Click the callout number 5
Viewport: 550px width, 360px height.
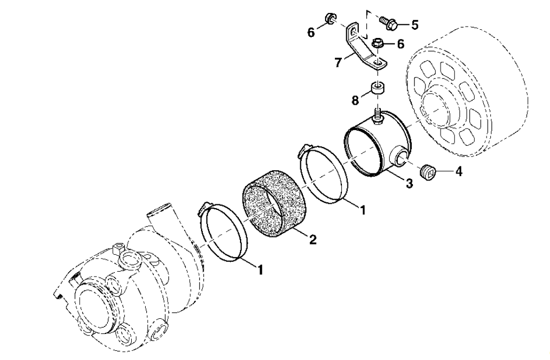tap(415, 25)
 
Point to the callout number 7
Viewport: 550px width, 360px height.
tap(338, 63)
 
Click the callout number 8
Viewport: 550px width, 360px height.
tap(355, 100)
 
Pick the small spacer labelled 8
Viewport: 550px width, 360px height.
tap(378, 89)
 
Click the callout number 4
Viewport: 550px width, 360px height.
tap(459, 172)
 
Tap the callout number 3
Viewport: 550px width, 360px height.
tap(409, 183)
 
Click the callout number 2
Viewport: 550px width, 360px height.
tap(313, 239)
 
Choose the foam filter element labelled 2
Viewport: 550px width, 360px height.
tap(274, 203)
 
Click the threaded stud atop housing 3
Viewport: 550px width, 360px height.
tap(378, 117)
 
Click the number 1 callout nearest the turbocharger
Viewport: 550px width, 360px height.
tap(260, 270)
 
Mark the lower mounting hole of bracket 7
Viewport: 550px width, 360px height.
tap(378, 63)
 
